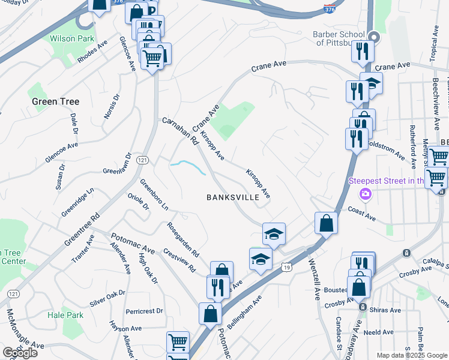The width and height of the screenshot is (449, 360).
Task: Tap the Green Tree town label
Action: pyautogui.click(x=56, y=101)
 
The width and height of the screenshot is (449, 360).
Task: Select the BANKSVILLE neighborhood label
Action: pyautogui.click(x=232, y=197)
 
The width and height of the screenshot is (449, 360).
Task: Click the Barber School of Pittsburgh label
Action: pyautogui.click(x=343, y=39)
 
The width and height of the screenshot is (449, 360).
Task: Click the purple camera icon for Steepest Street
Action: pyautogui.click(x=364, y=194)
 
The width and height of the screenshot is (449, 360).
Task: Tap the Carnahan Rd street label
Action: pyautogui.click(x=180, y=131)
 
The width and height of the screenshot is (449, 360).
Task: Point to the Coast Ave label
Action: pyautogui.click(x=362, y=214)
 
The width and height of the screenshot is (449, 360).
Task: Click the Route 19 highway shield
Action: pyautogui.click(x=287, y=266)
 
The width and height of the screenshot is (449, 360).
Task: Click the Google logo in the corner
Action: pyautogui.click(x=20, y=352)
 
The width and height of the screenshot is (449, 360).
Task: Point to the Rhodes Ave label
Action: pyautogui.click(x=92, y=52)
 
